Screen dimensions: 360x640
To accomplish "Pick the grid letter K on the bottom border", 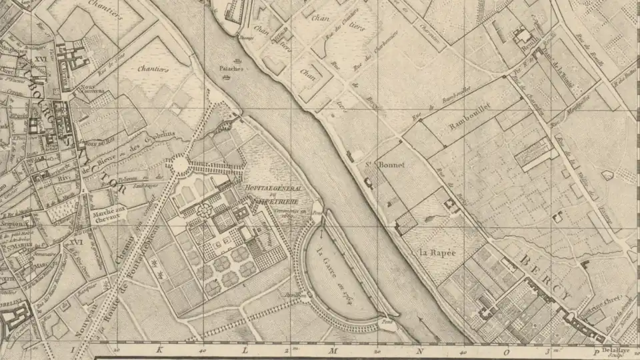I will pos(159,349).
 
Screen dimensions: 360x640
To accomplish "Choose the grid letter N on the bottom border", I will pos(419,349).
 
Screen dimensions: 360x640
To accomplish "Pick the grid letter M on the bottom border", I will pos(332,349).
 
